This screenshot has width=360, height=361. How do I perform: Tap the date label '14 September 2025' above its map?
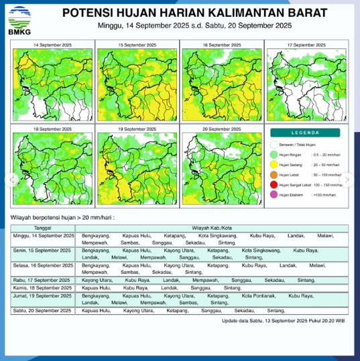point(53,44)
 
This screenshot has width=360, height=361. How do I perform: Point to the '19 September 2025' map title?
point(137,128)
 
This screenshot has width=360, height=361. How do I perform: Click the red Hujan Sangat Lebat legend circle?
point(274,184)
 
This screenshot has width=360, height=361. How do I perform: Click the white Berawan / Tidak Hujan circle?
point(274,145)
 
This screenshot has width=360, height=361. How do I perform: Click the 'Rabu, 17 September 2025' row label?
point(43,281)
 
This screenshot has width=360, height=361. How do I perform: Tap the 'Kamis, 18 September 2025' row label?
point(44,288)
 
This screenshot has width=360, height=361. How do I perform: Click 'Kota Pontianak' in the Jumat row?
point(258,295)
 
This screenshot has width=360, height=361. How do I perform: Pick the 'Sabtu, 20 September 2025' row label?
point(44,311)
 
